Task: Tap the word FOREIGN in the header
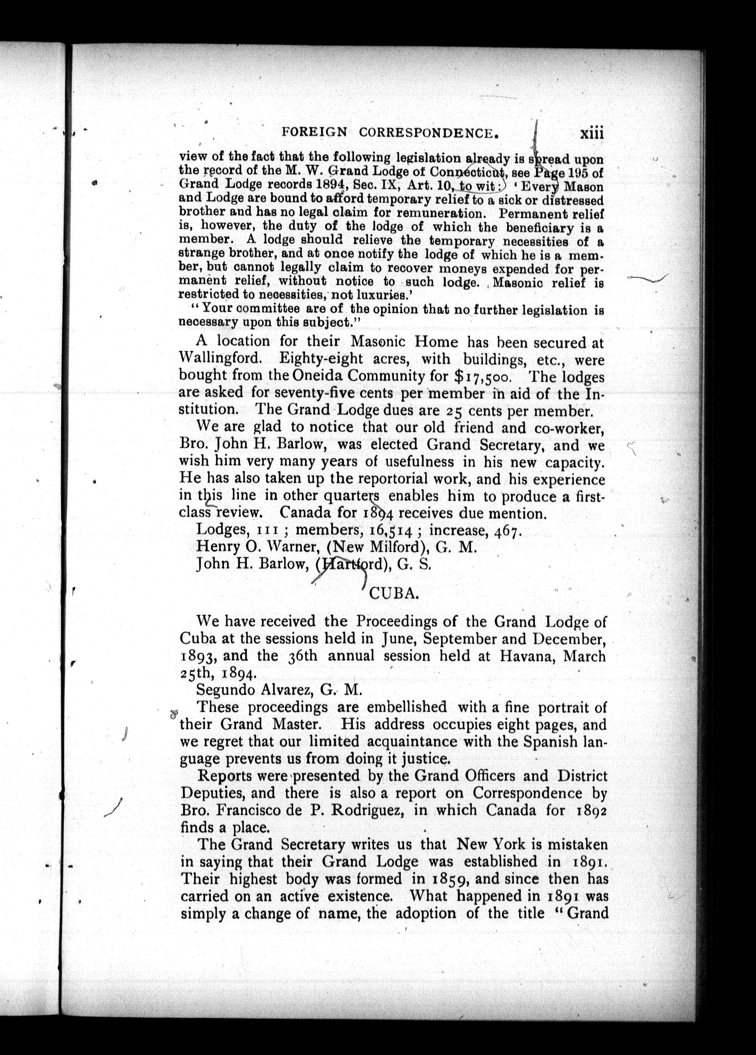(x=314, y=133)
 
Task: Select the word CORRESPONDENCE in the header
(x=429, y=134)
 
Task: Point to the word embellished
(x=407, y=708)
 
